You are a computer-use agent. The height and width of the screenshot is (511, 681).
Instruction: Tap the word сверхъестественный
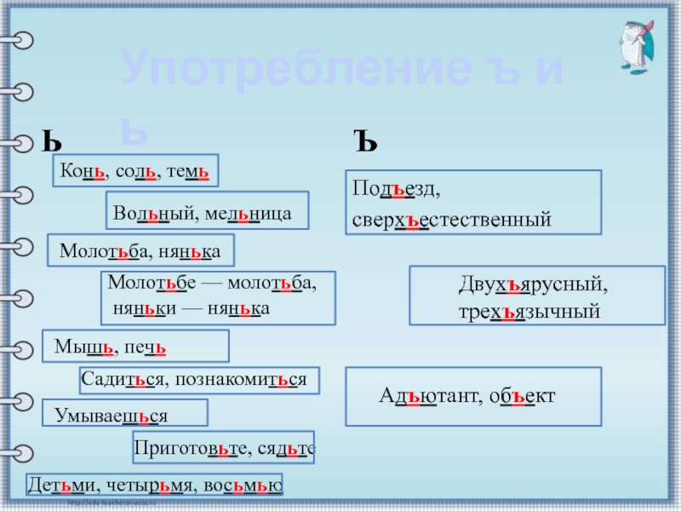pos(452,220)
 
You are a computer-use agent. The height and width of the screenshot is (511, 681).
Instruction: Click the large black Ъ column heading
pos(364,139)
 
